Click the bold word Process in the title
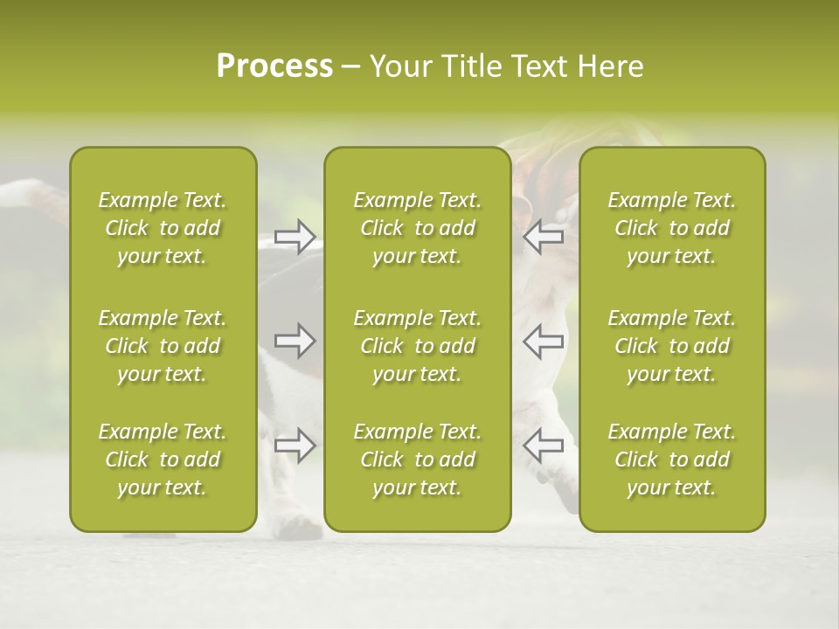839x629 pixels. (274, 66)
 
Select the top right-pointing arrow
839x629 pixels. (295, 237)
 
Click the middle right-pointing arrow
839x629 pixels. (295, 341)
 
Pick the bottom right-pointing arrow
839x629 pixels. (295, 446)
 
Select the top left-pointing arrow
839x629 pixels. (543, 237)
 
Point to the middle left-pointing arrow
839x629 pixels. (543, 341)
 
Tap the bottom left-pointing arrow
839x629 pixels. (543, 446)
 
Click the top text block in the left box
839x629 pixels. (163, 228)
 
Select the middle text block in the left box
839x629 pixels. (163, 346)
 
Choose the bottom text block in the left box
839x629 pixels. (163, 460)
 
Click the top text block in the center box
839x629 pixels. (417, 228)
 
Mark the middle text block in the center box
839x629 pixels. (417, 346)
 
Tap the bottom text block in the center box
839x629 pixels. (417, 460)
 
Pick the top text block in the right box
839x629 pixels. (671, 228)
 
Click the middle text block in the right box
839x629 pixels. (671, 346)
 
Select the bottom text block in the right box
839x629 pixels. (671, 460)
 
